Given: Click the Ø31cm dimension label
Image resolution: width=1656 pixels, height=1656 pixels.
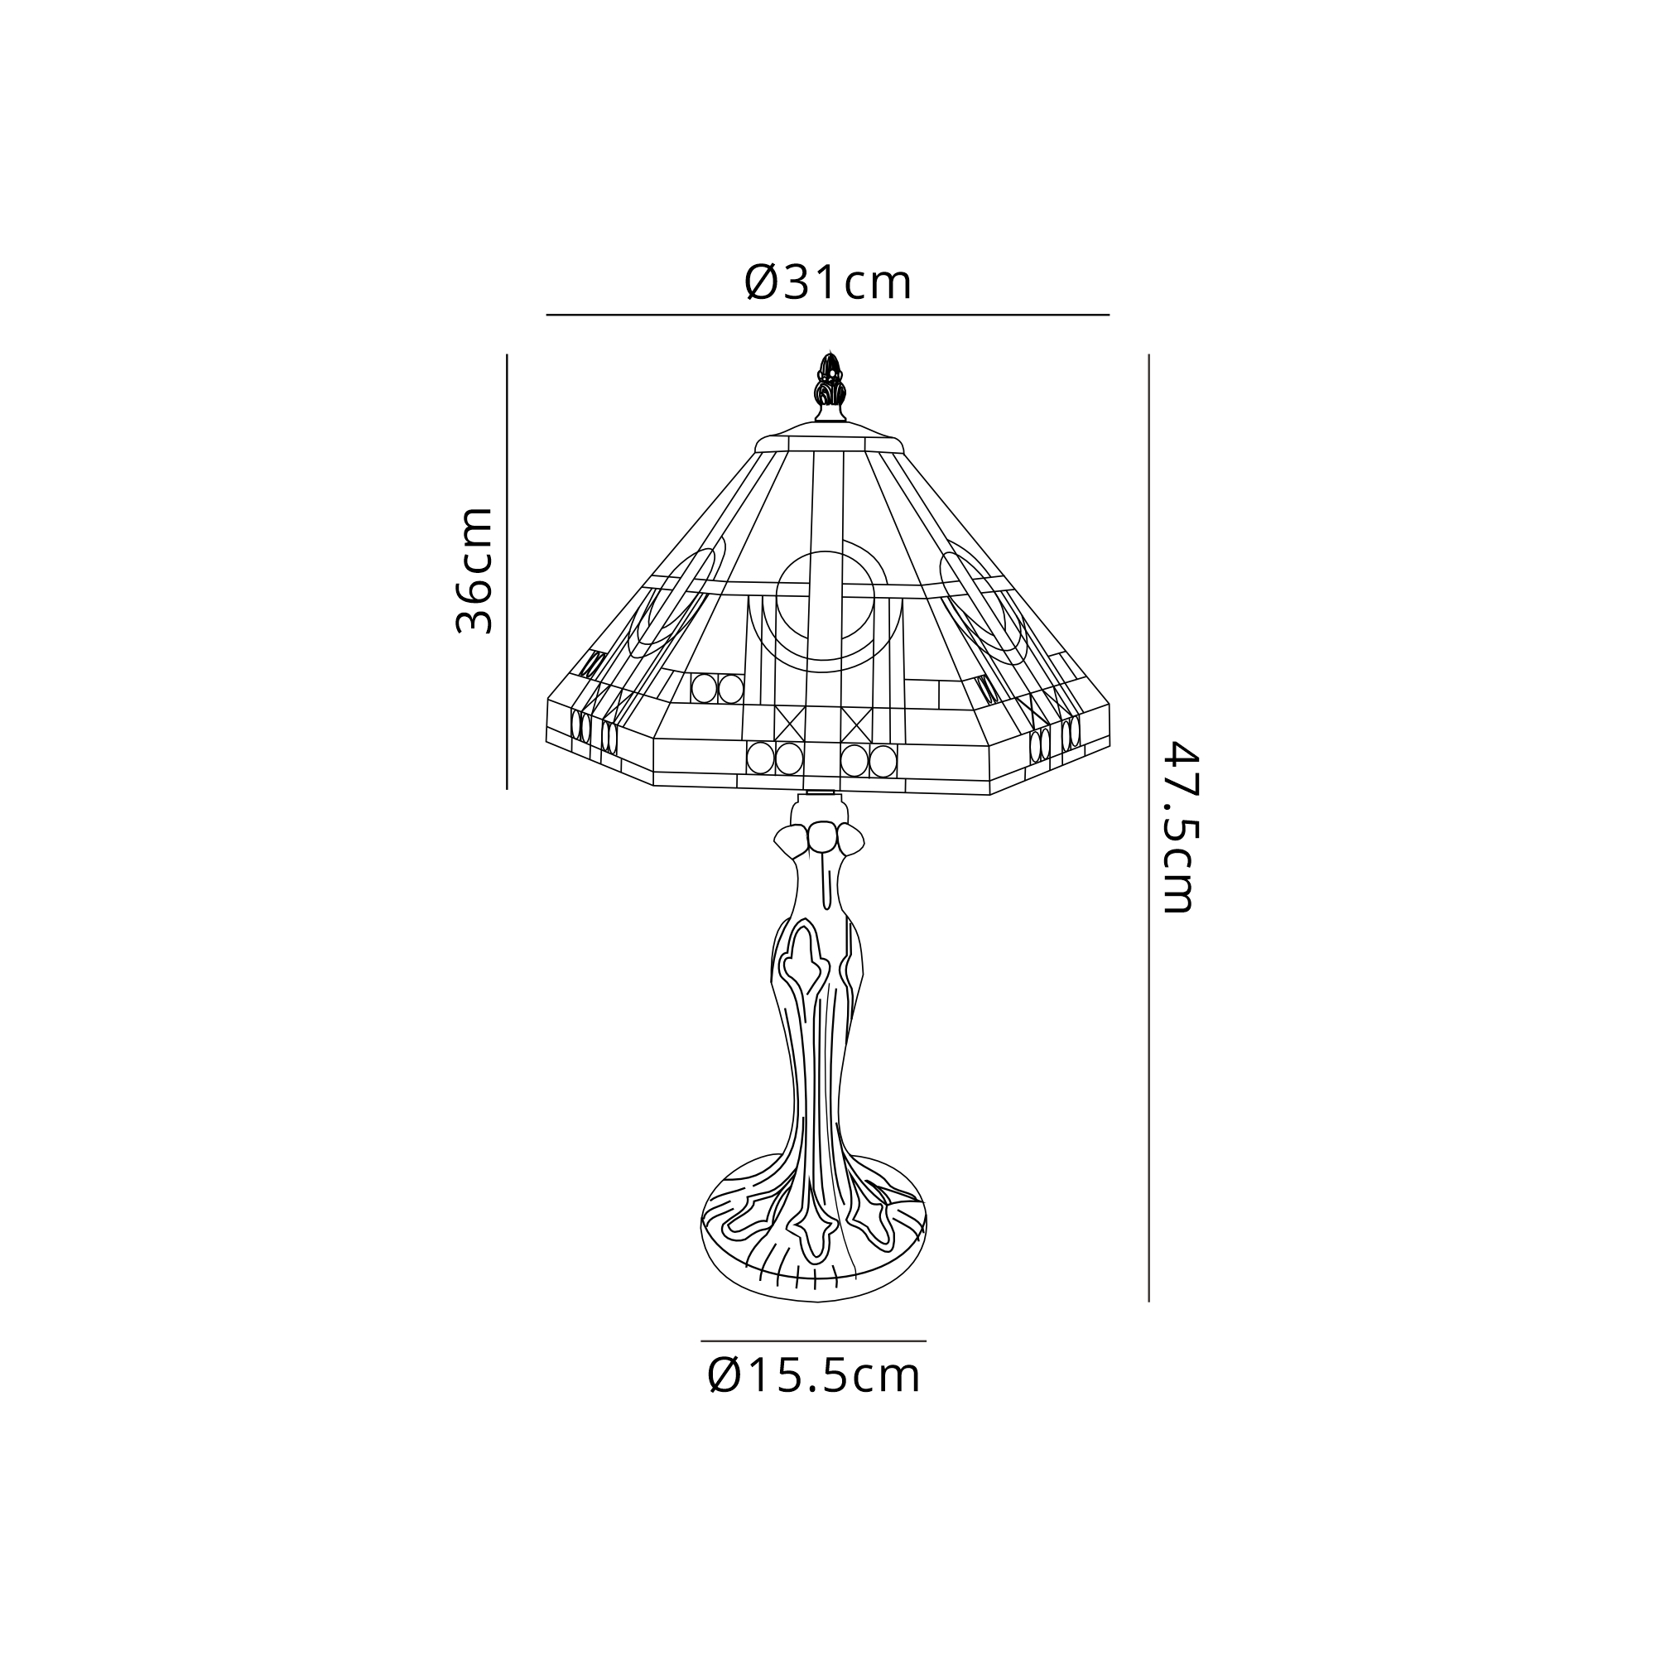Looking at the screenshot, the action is click(x=828, y=283).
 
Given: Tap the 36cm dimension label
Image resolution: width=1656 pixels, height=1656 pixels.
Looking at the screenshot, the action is click(x=474, y=570).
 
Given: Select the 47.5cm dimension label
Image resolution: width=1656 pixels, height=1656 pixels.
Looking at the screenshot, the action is click(x=1177, y=828).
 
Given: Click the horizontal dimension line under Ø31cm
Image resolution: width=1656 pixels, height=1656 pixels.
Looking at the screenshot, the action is click(x=828, y=315).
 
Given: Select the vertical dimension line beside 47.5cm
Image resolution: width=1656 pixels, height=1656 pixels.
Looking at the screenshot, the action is click(x=1148, y=828).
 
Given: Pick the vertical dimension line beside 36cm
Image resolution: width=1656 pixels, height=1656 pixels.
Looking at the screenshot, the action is click(x=507, y=571).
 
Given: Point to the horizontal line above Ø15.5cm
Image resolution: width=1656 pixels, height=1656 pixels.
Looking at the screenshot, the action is click(x=813, y=1341).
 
